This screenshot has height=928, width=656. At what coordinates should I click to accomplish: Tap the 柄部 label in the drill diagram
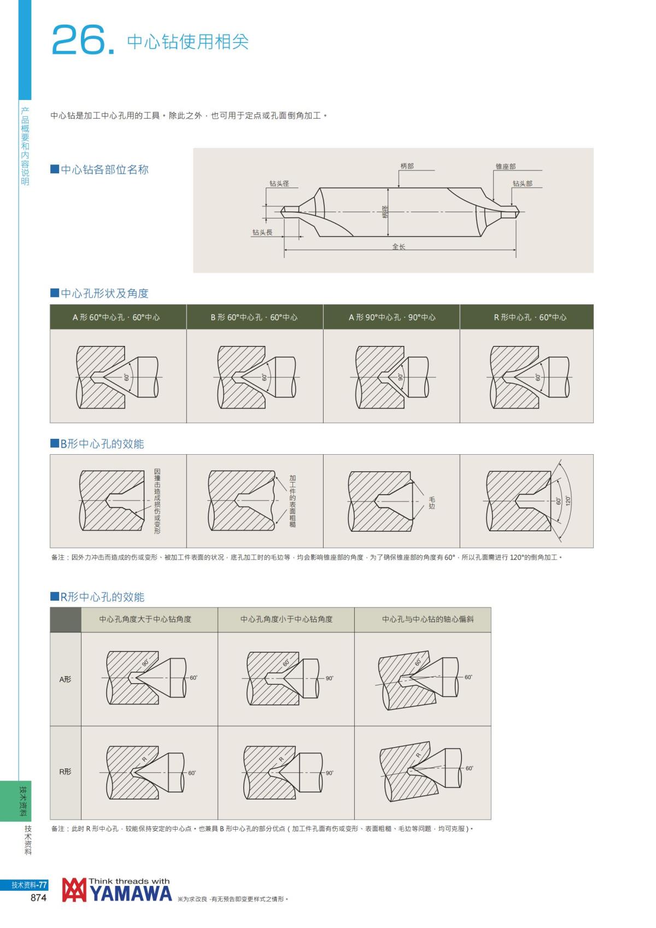click(x=407, y=166)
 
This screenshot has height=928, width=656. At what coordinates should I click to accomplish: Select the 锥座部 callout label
click(x=505, y=166)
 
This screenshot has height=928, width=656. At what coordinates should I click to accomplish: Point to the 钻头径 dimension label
click(x=279, y=184)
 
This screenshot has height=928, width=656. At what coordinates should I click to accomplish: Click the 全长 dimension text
click(x=399, y=246)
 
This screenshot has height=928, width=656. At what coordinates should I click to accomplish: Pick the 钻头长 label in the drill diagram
click(x=262, y=232)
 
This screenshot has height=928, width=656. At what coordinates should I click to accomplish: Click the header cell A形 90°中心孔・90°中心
click(x=392, y=317)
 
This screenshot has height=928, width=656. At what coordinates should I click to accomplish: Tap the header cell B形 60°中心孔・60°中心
click(x=254, y=317)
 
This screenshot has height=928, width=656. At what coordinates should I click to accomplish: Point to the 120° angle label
click(x=568, y=500)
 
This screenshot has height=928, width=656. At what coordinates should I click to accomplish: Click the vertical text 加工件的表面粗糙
click(x=292, y=501)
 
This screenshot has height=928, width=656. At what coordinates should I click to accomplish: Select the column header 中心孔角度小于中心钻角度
click(x=286, y=619)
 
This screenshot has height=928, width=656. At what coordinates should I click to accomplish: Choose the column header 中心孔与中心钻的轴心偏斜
click(x=427, y=619)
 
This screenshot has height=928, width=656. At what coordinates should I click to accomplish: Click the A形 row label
click(x=65, y=679)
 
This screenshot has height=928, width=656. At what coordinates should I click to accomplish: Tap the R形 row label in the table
click(x=65, y=772)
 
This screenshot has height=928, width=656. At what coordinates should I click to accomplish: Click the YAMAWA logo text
click(x=130, y=894)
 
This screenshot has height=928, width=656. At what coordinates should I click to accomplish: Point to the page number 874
click(x=38, y=898)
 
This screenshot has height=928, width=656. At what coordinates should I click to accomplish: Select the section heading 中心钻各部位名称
click(x=104, y=169)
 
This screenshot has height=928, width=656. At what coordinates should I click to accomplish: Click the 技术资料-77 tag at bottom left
click(x=29, y=885)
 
